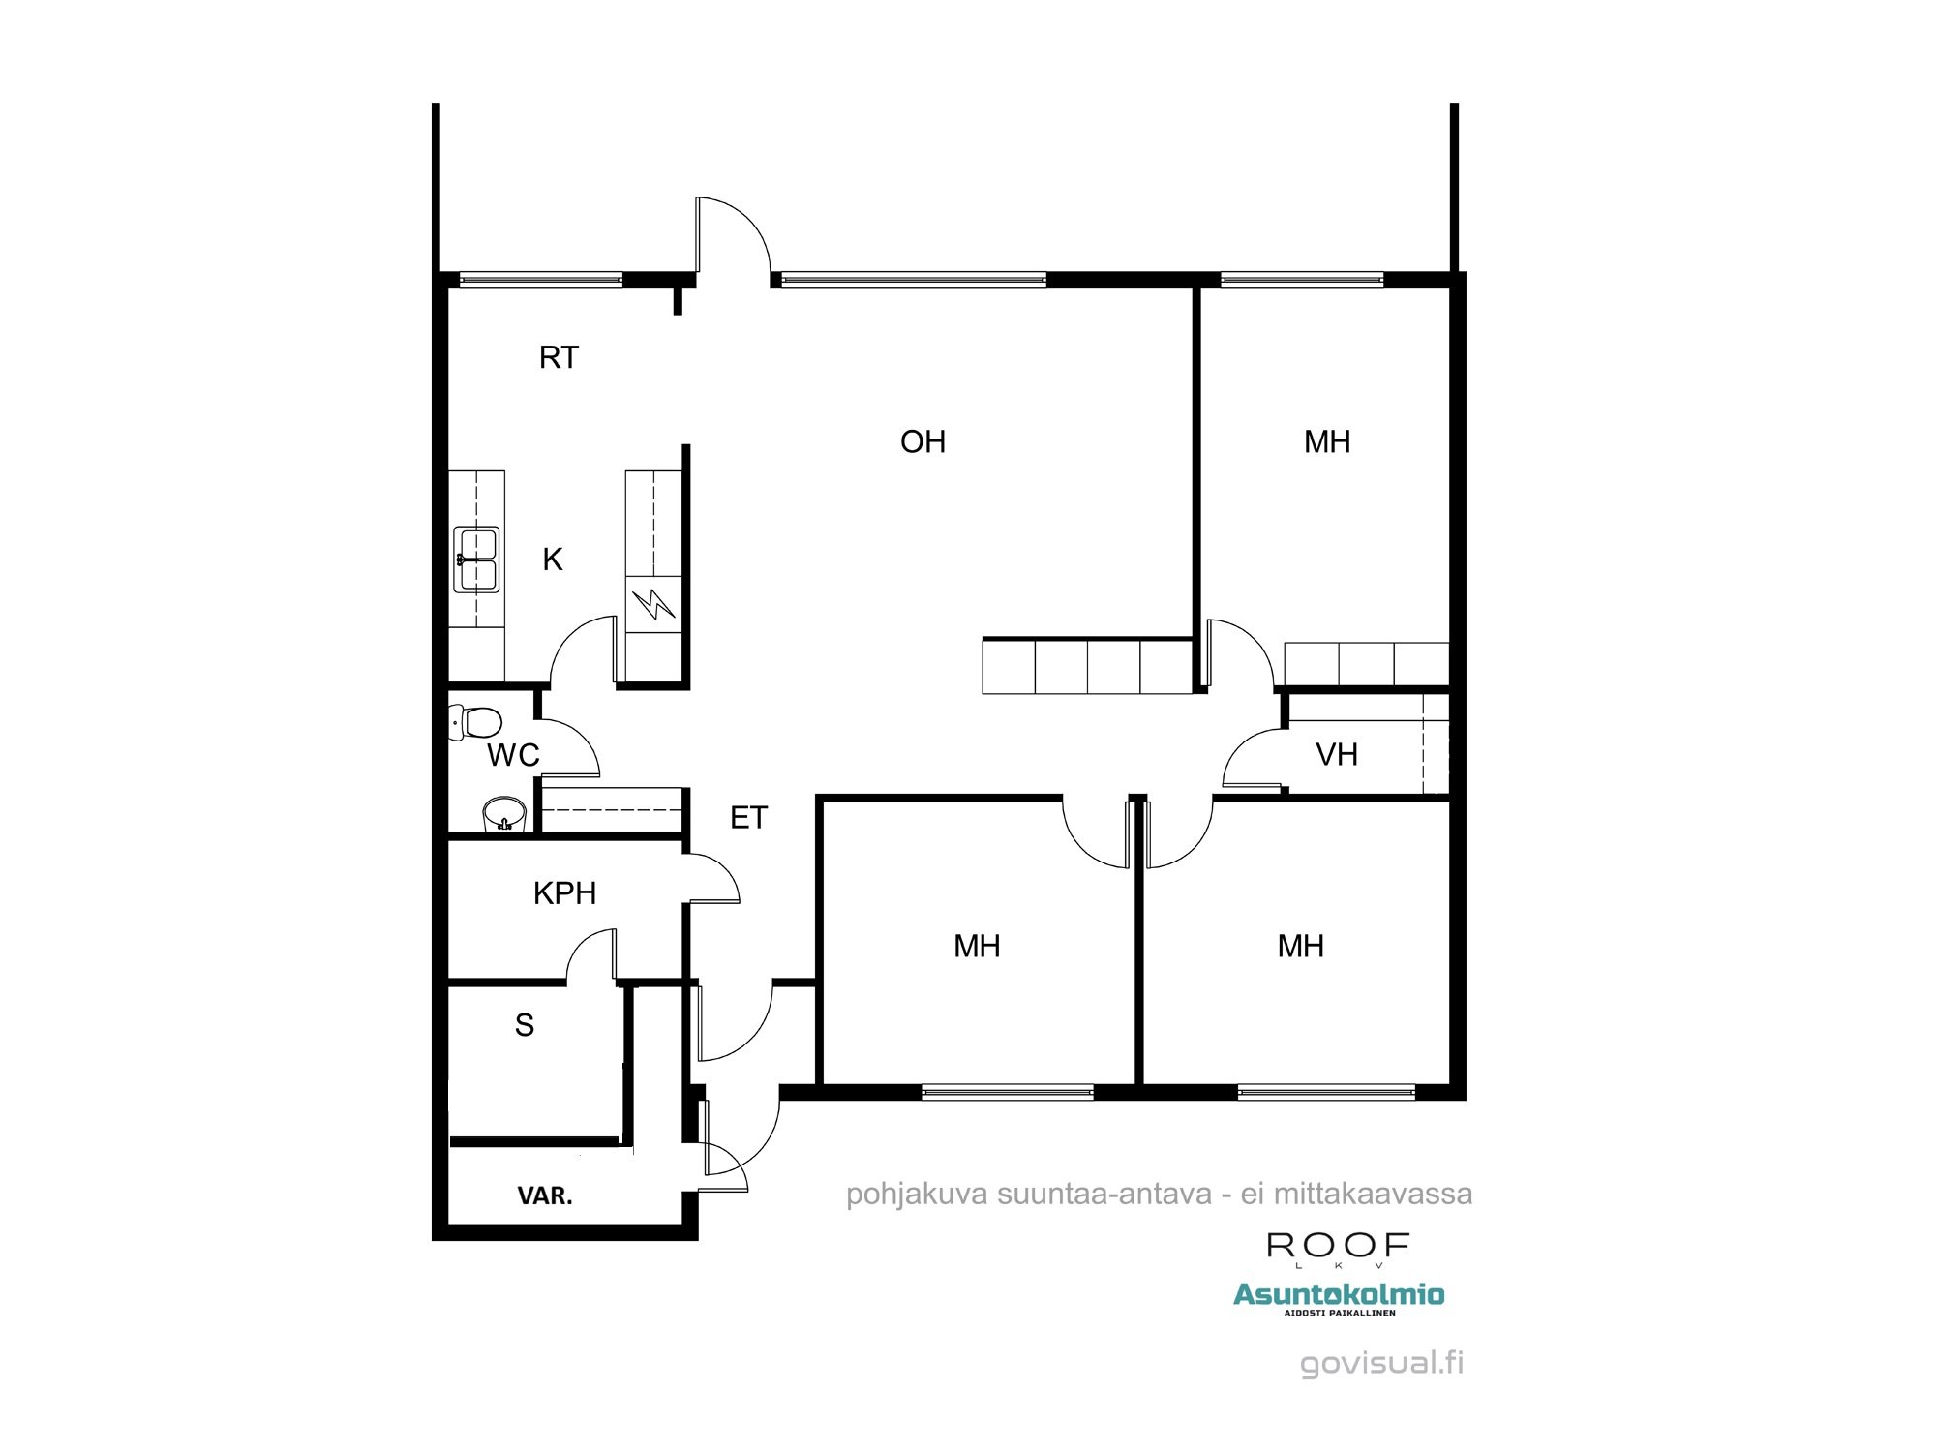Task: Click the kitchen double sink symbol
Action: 476,560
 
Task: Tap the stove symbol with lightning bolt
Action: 653,605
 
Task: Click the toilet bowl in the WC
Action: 477,722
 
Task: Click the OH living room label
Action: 923,442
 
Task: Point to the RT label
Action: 559,358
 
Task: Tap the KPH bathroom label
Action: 564,893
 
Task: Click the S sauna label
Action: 525,1025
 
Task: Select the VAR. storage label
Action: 545,1196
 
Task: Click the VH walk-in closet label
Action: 1337,755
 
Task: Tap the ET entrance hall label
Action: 748,818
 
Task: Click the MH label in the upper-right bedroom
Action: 1327,442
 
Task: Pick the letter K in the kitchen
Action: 553,560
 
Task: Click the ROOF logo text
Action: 1338,1245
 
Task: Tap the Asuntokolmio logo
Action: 1339,1295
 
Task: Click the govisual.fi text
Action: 1381,1364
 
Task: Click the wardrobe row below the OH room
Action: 1087,667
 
